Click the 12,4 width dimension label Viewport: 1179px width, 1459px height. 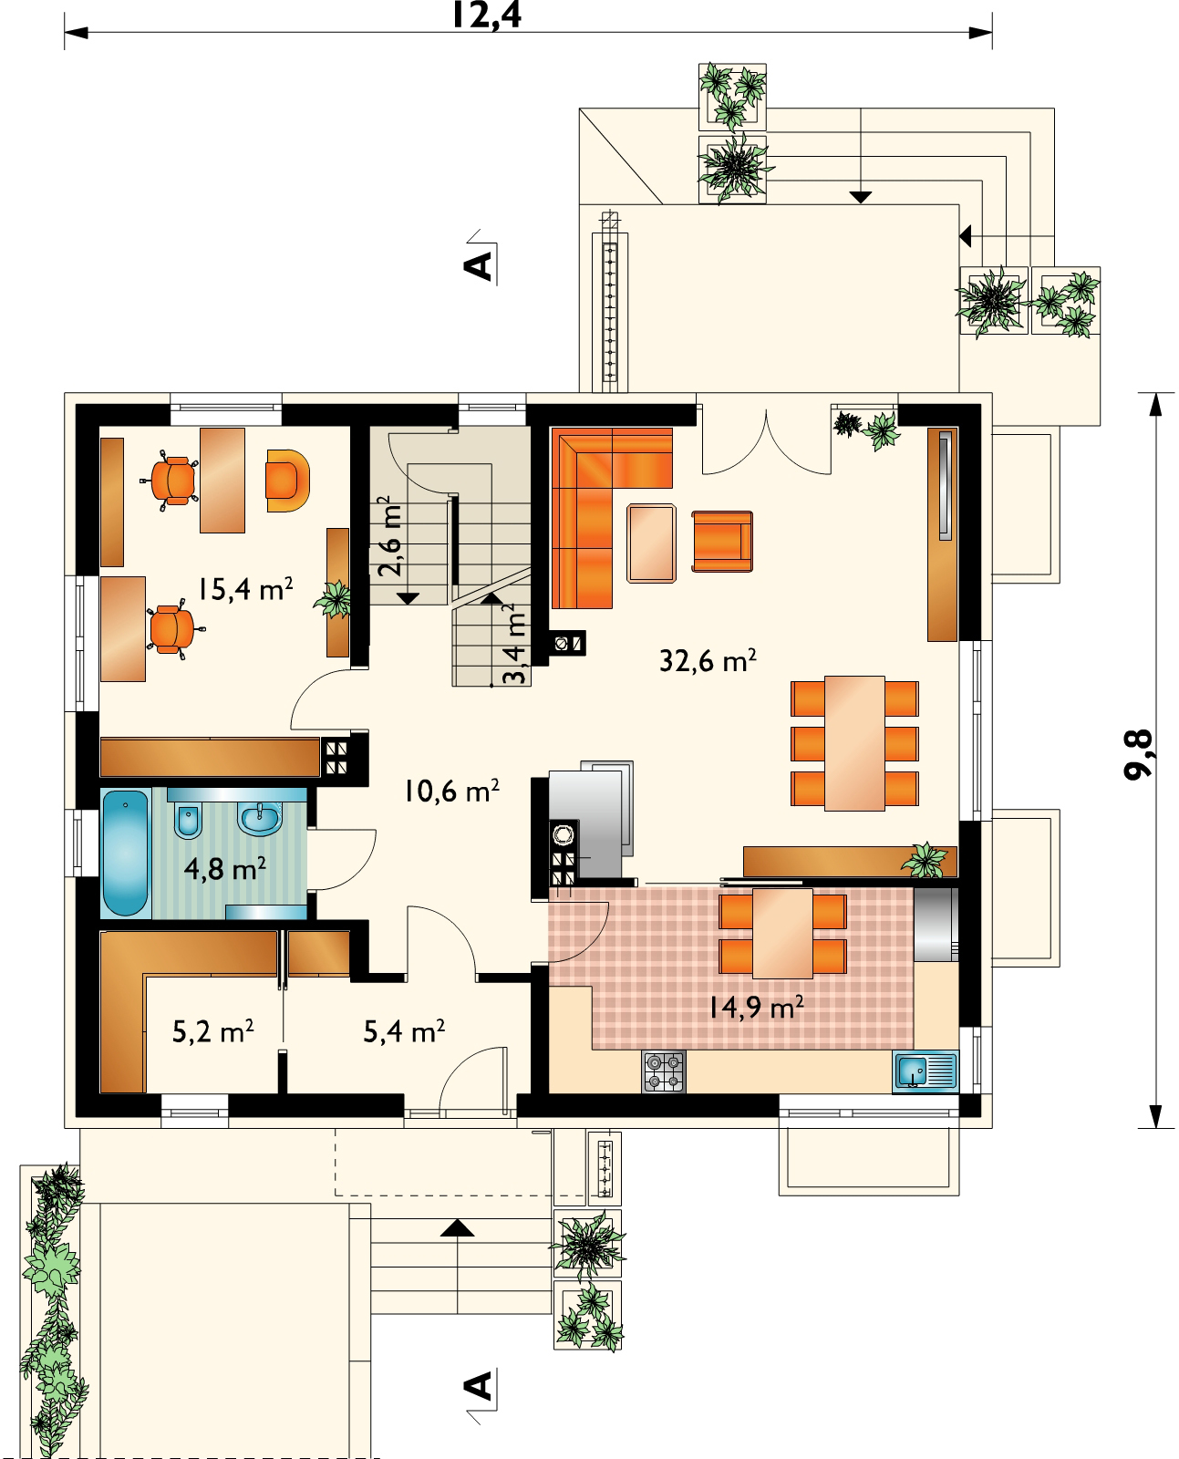[x=486, y=16]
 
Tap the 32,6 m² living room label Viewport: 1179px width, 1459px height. [x=708, y=660]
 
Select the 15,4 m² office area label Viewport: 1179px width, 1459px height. [x=245, y=588]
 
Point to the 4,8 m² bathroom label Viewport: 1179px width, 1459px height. [x=224, y=868]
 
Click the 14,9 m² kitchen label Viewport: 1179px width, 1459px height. [x=756, y=1008]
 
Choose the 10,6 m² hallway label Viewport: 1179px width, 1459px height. [x=450, y=792]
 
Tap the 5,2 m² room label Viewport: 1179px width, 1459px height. [x=212, y=1031]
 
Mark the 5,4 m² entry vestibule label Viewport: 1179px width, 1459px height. [x=404, y=1031]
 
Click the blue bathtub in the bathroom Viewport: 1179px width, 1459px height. [x=125, y=852]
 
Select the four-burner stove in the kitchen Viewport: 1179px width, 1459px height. [x=663, y=1071]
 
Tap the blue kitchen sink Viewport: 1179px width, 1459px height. [x=925, y=1071]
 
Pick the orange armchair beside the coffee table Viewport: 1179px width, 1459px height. [x=722, y=541]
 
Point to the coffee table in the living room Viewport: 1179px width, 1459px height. [x=651, y=543]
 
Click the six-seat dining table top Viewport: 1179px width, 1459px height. [x=854, y=743]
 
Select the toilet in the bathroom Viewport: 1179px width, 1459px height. [x=188, y=820]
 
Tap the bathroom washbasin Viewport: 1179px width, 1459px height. [x=260, y=818]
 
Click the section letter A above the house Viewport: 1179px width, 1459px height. [x=479, y=265]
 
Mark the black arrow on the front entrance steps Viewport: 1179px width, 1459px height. [x=457, y=1228]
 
